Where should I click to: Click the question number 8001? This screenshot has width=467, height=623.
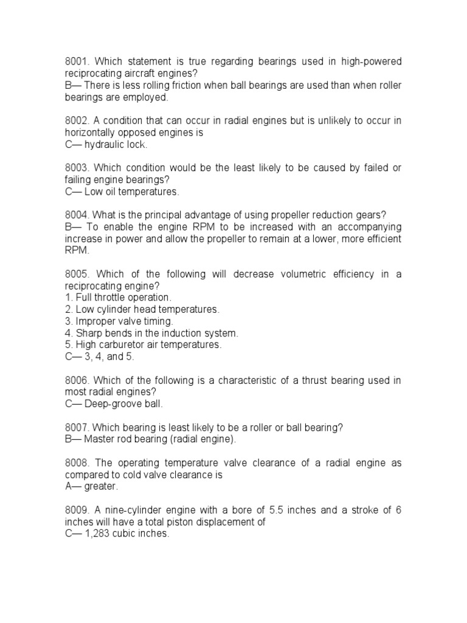[x=77, y=62]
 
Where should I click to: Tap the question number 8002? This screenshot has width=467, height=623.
[x=77, y=120]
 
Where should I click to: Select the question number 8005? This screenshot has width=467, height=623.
[x=77, y=274]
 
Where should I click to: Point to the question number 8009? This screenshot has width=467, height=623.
[x=77, y=510]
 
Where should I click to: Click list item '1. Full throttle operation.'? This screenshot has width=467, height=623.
[x=119, y=298]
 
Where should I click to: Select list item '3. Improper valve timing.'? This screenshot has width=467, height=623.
[x=119, y=321]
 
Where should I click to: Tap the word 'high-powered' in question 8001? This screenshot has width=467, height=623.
[x=372, y=62]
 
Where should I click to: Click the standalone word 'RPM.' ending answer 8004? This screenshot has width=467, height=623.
[x=77, y=250]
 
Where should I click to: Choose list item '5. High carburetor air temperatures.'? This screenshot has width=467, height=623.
[x=143, y=345]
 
